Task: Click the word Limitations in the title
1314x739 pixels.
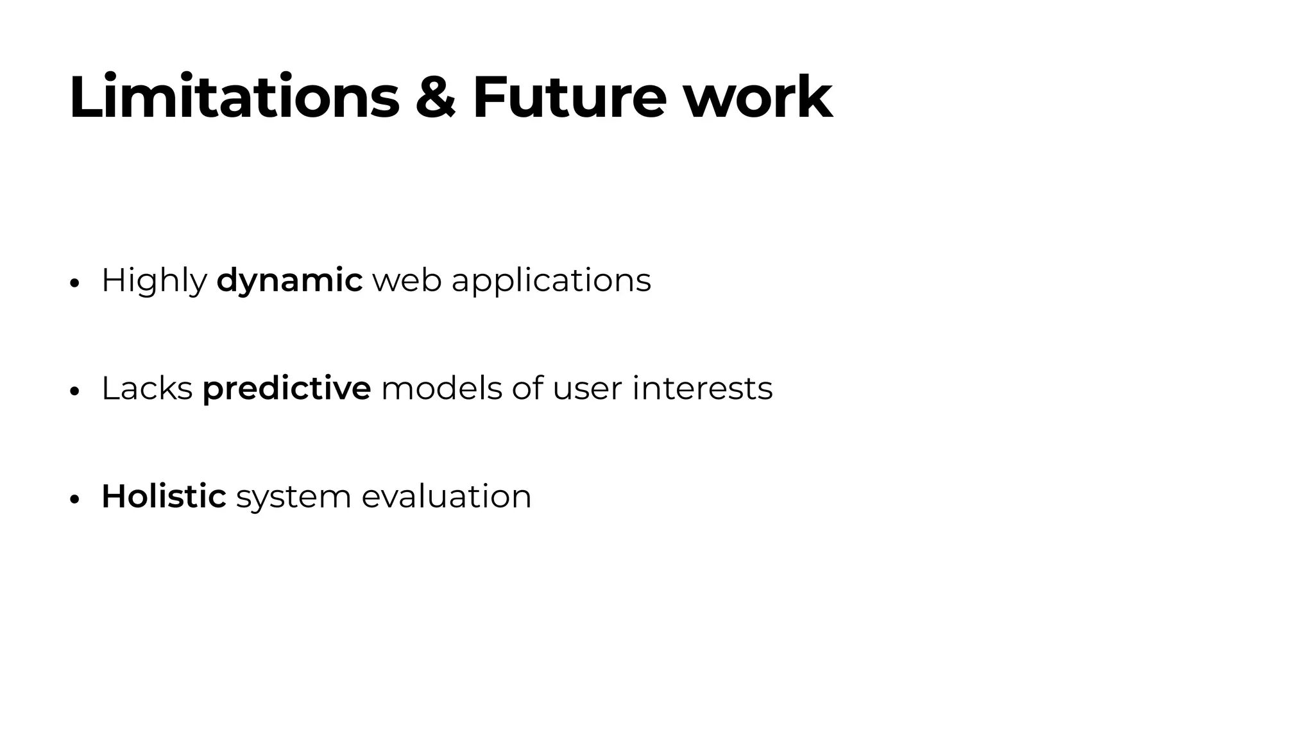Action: [x=234, y=98]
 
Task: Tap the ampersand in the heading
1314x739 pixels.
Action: [x=436, y=98]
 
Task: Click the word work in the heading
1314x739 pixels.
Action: [x=757, y=98]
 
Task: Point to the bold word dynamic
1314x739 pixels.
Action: [x=289, y=281]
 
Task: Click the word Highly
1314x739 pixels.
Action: [x=154, y=281]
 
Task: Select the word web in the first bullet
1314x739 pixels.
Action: [x=407, y=281]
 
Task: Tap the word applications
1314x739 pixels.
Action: [x=551, y=281]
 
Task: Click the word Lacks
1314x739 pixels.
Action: [x=147, y=389]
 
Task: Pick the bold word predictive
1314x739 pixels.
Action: [x=286, y=389]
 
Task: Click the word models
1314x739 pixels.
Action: [x=441, y=389]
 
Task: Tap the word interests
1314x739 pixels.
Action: [x=702, y=389]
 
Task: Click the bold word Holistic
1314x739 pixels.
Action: [x=164, y=497]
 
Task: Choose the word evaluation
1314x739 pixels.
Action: [x=447, y=497]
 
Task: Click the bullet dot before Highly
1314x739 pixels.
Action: [x=74, y=284]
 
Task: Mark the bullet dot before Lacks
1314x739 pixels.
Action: [x=74, y=391]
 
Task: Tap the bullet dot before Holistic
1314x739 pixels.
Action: [x=74, y=499]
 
